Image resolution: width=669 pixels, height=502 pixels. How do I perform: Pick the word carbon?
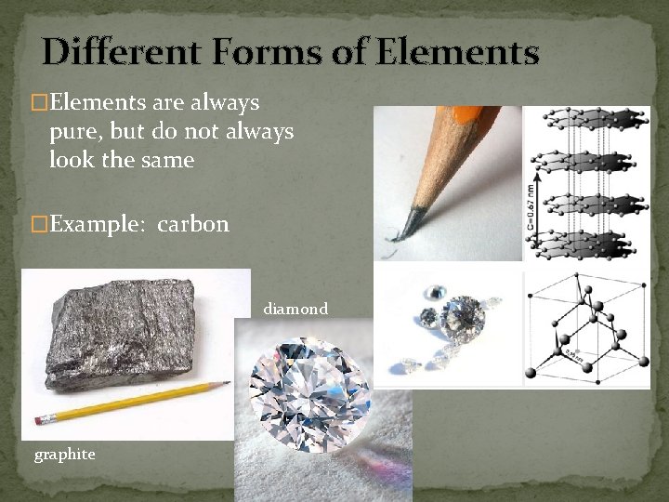click(x=193, y=225)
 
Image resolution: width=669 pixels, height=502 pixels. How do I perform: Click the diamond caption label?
click(x=295, y=309)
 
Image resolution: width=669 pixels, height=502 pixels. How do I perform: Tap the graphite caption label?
click(x=64, y=454)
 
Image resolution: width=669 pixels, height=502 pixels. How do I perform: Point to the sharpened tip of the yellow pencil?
click(x=226, y=382)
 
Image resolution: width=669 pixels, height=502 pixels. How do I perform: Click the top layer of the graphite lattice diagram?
click(x=594, y=119)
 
